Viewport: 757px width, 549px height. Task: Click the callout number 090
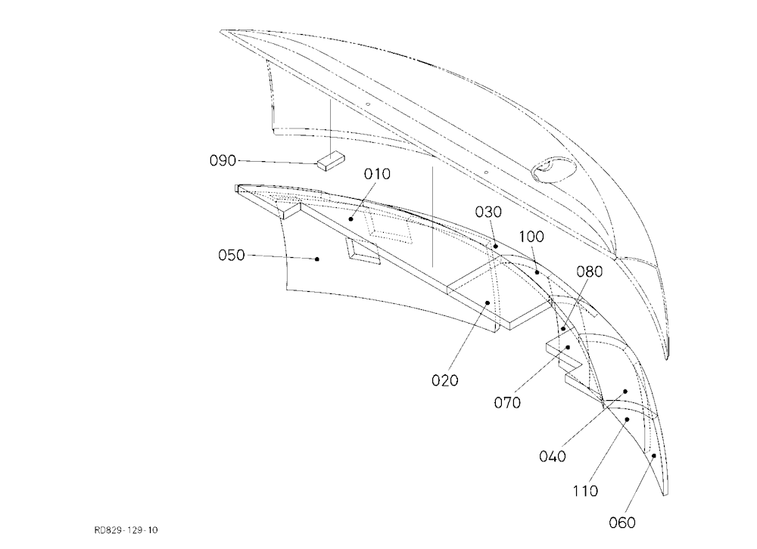pos(223,160)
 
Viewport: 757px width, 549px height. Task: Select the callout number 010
pos(377,174)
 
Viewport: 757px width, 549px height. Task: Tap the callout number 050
pos(232,255)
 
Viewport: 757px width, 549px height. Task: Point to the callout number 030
pos(488,212)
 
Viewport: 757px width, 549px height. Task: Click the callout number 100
pos(531,237)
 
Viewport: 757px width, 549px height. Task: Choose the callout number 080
pos(590,272)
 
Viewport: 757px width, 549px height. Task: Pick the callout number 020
pos(444,380)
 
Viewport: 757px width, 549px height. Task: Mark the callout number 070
pos(507,402)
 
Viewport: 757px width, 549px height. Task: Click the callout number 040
pos(553,457)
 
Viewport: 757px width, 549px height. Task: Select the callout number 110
pos(586,491)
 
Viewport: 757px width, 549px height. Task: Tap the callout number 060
pos(622,523)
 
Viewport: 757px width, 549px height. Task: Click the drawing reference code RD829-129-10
pos(126,530)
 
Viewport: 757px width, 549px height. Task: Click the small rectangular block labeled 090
pos(332,160)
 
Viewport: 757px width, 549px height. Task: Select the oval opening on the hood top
pos(554,170)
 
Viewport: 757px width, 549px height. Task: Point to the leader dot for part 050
pos(317,259)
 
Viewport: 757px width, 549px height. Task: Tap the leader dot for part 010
pos(351,219)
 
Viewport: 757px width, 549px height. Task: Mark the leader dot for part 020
pos(488,303)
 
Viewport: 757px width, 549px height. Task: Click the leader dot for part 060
pos(654,455)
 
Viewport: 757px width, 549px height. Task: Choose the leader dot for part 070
pos(569,347)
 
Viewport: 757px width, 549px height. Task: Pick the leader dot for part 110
pos(627,419)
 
